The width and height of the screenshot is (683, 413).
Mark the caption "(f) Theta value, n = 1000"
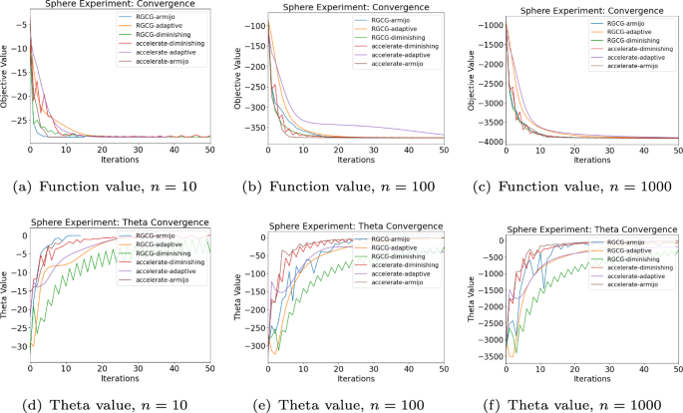click(577, 404)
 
